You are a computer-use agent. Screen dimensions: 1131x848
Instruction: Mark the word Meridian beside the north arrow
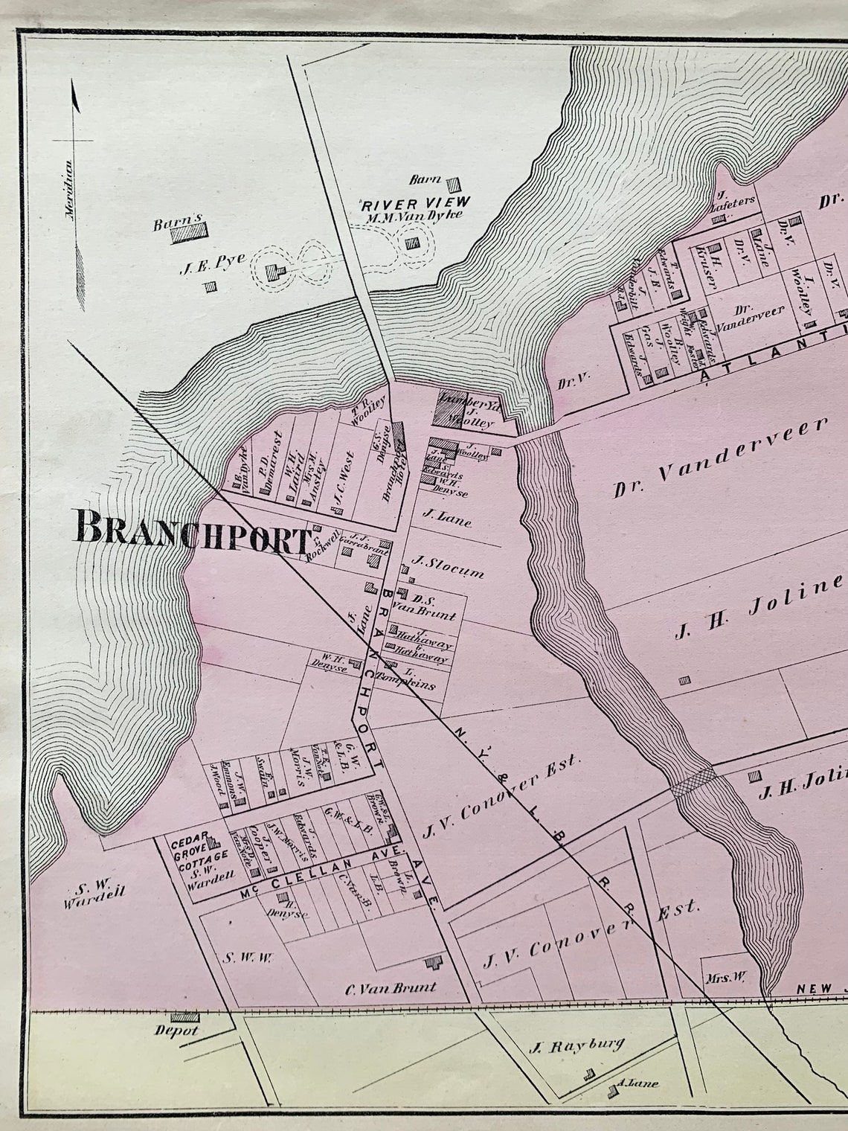point(69,189)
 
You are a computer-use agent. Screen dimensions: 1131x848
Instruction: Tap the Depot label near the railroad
point(176,1031)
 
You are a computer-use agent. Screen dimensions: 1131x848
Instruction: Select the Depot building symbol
point(184,1017)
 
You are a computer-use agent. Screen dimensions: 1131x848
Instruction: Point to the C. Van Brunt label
point(391,988)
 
